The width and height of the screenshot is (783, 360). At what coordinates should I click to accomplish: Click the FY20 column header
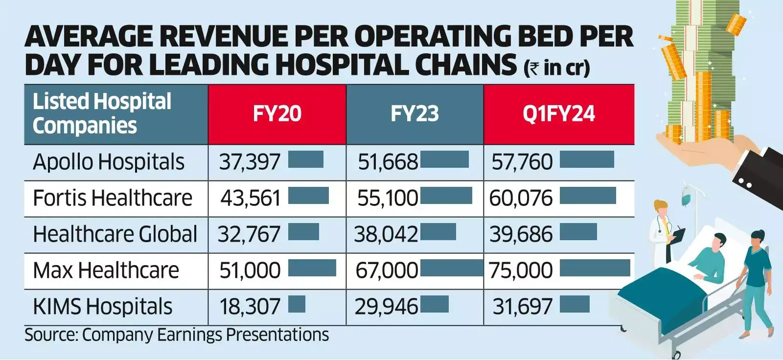[277, 114]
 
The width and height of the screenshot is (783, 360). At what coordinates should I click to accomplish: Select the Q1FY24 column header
[558, 114]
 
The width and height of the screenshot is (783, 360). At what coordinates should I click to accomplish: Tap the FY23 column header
[415, 114]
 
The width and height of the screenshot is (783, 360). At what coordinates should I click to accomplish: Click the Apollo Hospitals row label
[109, 162]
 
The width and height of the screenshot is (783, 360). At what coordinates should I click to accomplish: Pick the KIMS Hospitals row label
[103, 307]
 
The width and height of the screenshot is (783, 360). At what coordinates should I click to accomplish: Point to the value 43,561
[251, 198]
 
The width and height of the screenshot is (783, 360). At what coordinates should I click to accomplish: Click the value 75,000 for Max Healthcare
[521, 270]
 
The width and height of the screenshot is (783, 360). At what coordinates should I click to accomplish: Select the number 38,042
[386, 234]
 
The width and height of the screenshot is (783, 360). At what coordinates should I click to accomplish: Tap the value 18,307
[250, 307]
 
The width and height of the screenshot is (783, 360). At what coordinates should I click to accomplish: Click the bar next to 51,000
[312, 268]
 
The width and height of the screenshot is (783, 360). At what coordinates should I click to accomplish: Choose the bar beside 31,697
[575, 304]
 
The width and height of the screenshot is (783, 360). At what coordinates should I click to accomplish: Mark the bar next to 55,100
[446, 196]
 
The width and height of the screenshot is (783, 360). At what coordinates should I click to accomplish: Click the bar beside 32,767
[303, 232]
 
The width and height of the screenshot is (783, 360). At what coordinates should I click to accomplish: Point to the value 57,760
[522, 162]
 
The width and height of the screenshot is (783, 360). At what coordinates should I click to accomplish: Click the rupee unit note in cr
[557, 67]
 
